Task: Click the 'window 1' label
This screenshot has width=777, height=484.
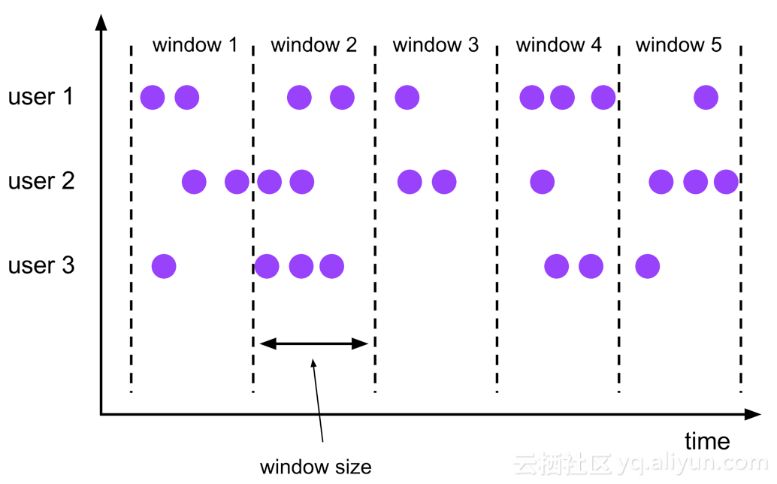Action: pyautogui.click(x=195, y=45)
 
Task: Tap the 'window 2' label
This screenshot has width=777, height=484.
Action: pyautogui.click(x=313, y=45)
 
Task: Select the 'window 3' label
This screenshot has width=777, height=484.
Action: pyautogui.click(x=436, y=45)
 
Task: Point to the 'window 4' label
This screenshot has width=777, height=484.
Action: pyautogui.click(x=558, y=45)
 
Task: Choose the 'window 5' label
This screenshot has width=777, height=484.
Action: pyautogui.click(x=679, y=45)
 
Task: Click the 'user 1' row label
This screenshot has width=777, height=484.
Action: pyautogui.click(x=41, y=97)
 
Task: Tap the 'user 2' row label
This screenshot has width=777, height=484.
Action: pyautogui.click(x=41, y=181)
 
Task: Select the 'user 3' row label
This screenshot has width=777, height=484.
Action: pyautogui.click(x=41, y=265)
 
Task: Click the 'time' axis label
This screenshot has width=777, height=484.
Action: pyautogui.click(x=707, y=441)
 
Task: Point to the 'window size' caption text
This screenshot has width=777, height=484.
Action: pyautogui.click(x=316, y=467)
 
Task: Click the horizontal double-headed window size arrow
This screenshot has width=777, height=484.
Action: pyautogui.click(x=314, y=343)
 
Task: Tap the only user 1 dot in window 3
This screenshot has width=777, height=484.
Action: pyautogui.click(x=407, y=97)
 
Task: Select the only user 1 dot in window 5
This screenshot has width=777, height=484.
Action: pyautogui.click(x=706, y=97)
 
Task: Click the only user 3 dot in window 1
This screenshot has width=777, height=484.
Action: pyautogui.click(x=164, y=267)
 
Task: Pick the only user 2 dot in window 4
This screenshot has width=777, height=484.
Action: pyautogui.click(x=542, y=182)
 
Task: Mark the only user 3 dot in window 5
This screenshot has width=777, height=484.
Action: pyautogui.click(x=648, y=267)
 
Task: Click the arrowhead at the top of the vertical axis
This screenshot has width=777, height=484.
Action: pyautogui.click(x=101, y=21)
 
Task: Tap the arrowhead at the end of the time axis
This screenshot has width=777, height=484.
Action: pyautogui.click(x=753, y=414)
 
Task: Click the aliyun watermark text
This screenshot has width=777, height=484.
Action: pyautogui.click(x=640, y=464)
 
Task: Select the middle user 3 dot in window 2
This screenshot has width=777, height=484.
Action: pyautogui.click(x=301, y=267)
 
